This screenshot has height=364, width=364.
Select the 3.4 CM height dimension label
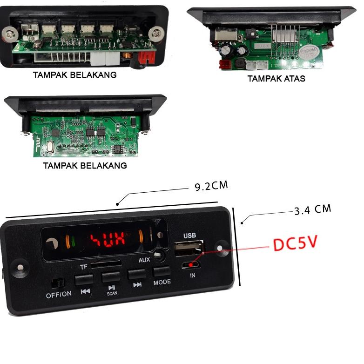[312, 209]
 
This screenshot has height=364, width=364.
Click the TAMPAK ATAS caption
[276, 79]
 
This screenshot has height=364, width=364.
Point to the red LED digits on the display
[108, 240]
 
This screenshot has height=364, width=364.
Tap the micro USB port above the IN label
[191, 266]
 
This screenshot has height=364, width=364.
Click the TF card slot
[106, 264]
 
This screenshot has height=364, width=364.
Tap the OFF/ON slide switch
[58, 282]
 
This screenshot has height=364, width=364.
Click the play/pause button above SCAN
[111, 278]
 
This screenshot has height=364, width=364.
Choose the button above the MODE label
[161, 272]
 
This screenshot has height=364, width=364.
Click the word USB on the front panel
[189, 236]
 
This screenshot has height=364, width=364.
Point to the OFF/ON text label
[59, 294]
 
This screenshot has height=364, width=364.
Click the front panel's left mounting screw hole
[20, 268]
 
